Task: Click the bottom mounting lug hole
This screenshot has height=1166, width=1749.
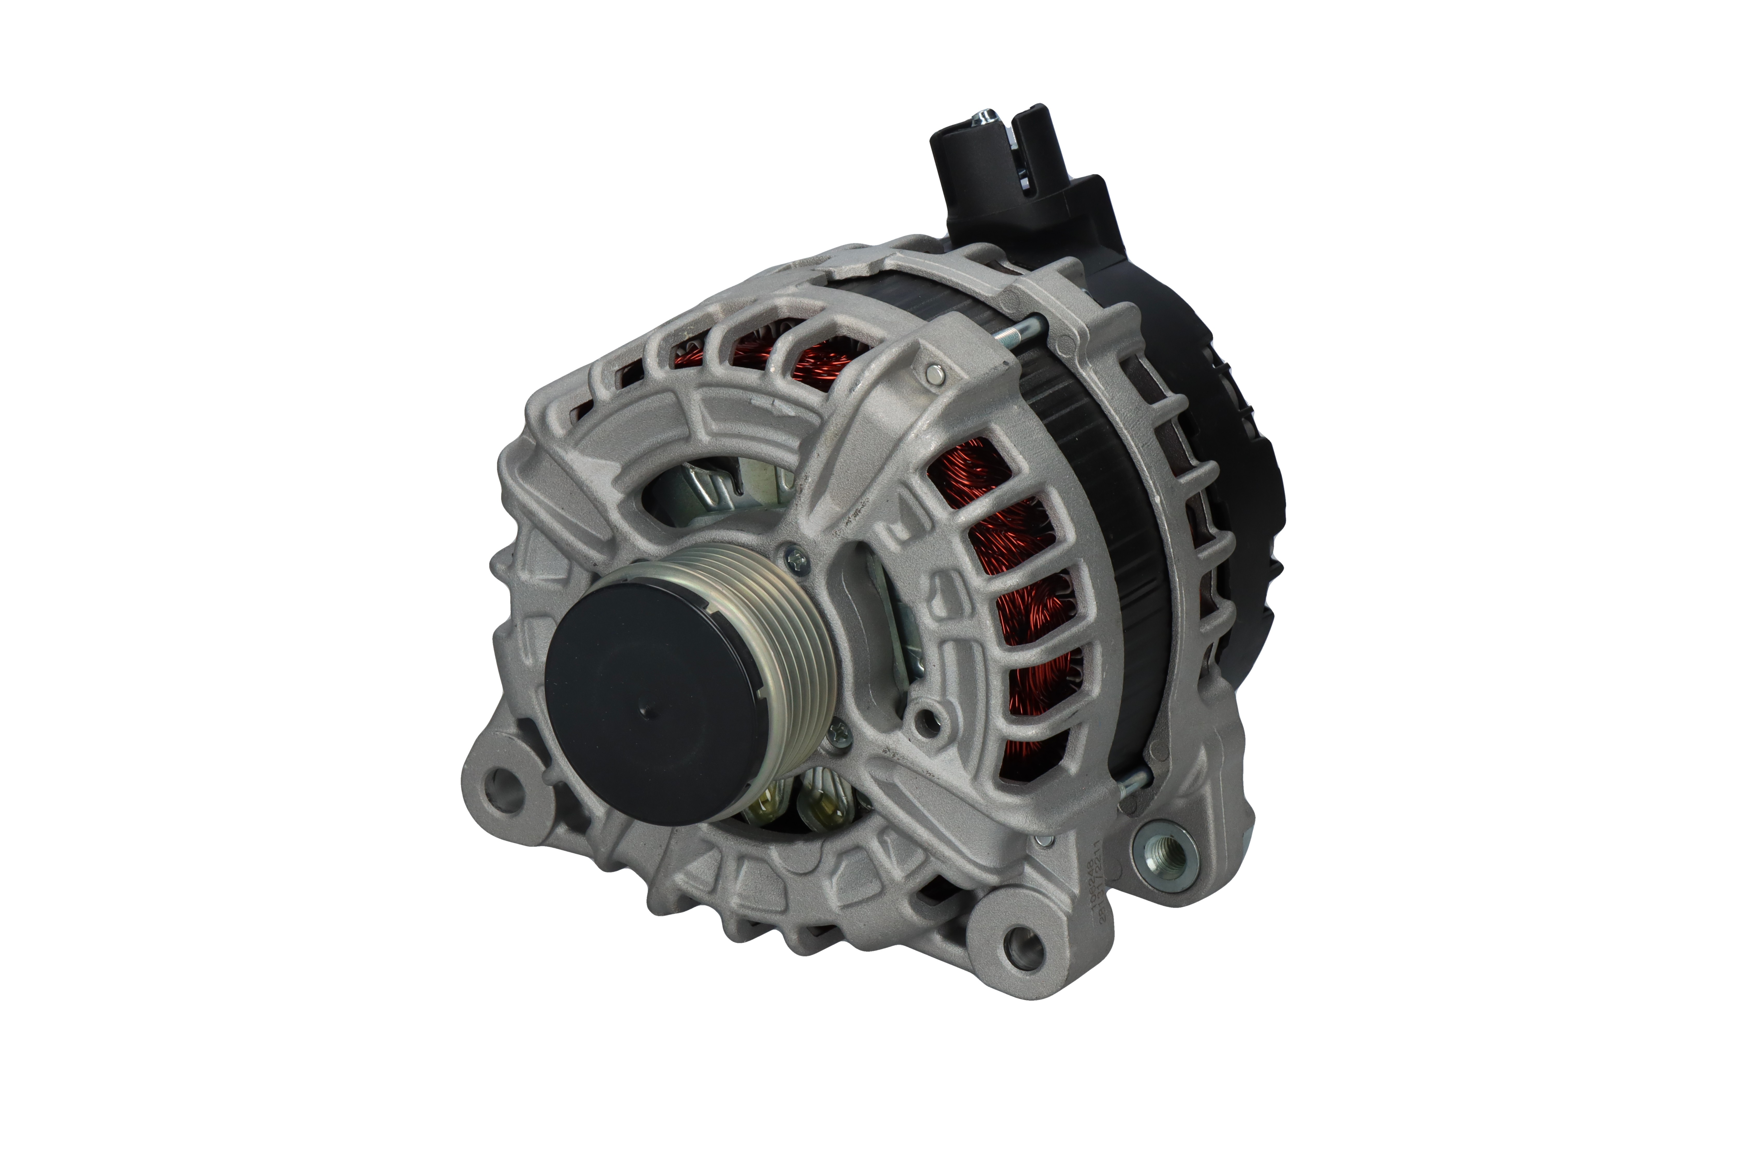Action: [1021, 945]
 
